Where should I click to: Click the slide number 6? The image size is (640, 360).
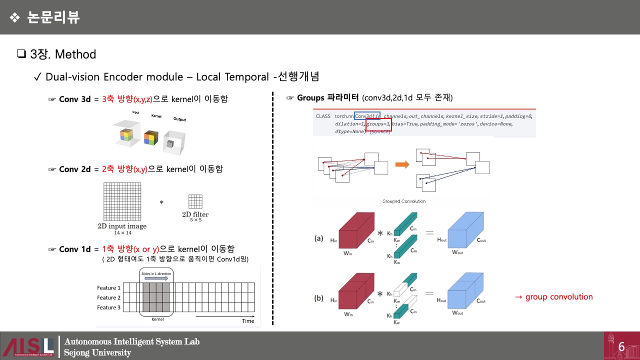(x=621, y=346)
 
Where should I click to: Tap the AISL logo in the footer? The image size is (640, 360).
(x=28, y=346)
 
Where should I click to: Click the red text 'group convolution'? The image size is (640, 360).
(x=554, y=297)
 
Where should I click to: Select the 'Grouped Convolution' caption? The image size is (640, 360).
(x=403, y=201)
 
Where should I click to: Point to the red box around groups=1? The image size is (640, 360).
(x=378, y=124)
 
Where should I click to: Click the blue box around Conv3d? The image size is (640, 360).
(x=367, y=116)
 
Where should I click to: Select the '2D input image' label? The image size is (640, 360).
(x=122, y=226)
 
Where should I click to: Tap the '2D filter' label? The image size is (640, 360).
(x=195, y=214)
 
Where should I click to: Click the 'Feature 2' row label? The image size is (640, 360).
(x=108, y=297)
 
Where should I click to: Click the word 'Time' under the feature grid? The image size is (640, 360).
(x=248, y=320)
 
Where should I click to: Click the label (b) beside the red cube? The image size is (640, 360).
(x=318, y=298)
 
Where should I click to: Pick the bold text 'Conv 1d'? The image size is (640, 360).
(x=75, y=249)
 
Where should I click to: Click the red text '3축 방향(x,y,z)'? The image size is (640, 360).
(x=126, y=99)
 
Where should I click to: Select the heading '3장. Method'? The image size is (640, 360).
(x=56, y=54)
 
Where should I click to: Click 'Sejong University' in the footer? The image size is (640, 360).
(x=97, y=352)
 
